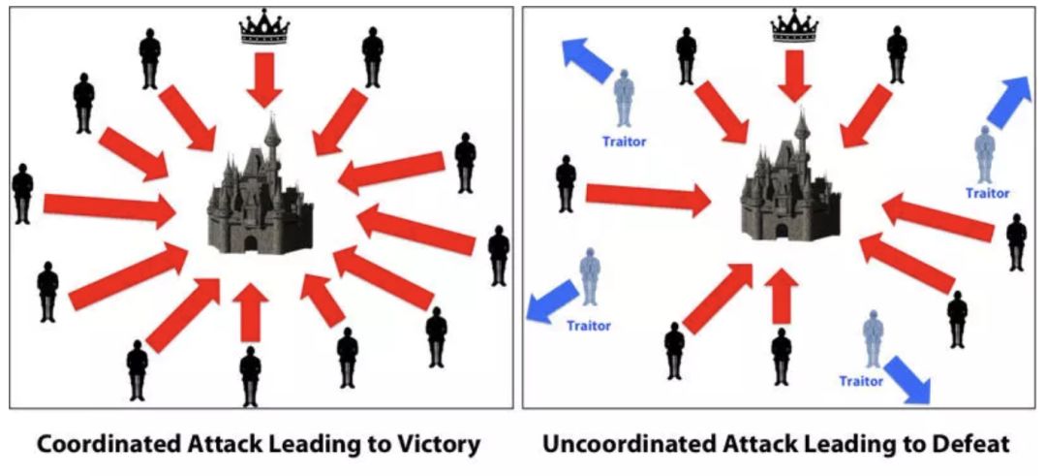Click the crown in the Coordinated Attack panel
click(264, 28)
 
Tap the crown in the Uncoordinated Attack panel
click(795, 27)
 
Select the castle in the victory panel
click(260, 194)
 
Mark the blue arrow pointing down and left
click(549, 301)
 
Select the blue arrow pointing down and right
click(908, 378)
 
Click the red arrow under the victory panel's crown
click(263, 79)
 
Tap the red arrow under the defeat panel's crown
click(795, 75)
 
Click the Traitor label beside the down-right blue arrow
click(861, 382)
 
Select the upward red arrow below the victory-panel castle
click(251, 311)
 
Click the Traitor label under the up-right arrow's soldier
click(987, 193)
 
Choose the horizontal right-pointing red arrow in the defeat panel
click(648, 196)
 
